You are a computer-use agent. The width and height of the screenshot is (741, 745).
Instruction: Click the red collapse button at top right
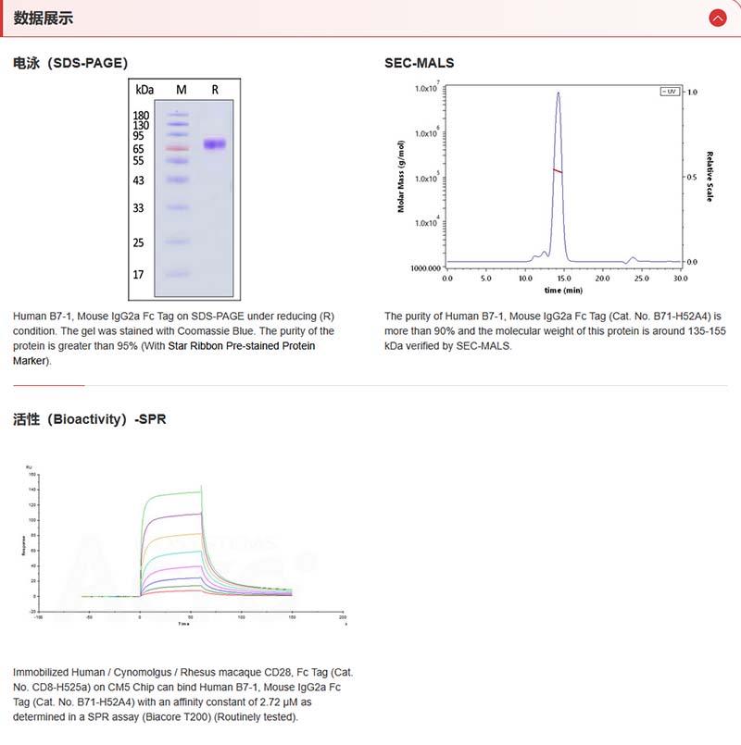(x=717, y=18)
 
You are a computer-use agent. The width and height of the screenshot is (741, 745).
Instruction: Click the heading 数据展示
(x=44, y=18)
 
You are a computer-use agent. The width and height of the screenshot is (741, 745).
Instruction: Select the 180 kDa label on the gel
(x=142, y=115)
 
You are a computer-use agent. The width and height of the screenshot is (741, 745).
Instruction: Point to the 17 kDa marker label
(x=138, y=275)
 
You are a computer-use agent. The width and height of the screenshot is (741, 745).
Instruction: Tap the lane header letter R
(x=215, y=90)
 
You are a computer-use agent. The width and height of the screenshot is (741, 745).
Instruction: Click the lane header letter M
(x=181, y=90)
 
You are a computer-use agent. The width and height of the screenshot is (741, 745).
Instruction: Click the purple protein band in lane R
(x=215, y=144)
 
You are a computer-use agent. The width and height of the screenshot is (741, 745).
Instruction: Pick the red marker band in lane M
(x=177, y=148)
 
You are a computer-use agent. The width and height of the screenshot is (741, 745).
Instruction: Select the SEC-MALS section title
(x=420, y=63)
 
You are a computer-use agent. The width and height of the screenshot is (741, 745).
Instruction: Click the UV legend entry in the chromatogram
(x=669, y=92)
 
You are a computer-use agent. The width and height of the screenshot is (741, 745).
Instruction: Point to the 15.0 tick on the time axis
(x=564, y=277)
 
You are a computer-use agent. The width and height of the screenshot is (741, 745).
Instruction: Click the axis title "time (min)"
(x=563, y=290)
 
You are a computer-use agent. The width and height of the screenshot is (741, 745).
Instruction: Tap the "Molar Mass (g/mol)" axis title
(x=402, y=177)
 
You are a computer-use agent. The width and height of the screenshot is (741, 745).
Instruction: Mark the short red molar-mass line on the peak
(x=558, y=170)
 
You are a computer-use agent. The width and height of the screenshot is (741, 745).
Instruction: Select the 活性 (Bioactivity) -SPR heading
(x=90, y=419)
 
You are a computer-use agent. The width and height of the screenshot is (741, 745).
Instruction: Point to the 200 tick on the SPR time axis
(x=343, y=616)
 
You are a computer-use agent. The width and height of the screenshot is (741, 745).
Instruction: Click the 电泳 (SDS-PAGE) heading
(x=70, y=63)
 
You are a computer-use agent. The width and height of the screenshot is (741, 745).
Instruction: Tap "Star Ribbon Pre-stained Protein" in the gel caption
(x=241, y=346)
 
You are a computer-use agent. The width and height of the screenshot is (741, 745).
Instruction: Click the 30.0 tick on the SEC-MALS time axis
(x=681, y=277)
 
